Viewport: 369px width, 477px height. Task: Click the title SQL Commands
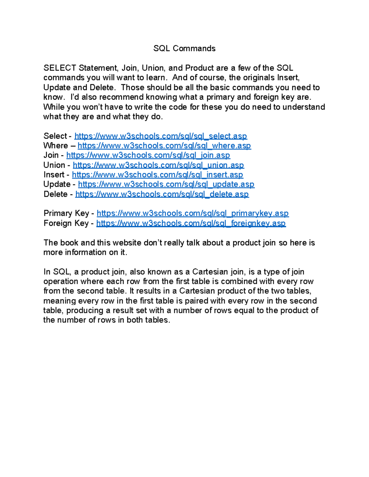184,49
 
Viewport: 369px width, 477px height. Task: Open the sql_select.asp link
161,136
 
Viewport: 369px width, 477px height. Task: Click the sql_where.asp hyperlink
164,146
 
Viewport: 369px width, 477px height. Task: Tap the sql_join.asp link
148,155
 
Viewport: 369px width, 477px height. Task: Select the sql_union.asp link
158,165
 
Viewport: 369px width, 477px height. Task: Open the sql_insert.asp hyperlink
157,175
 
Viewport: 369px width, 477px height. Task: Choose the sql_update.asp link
166,184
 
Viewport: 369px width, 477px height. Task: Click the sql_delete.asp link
162,194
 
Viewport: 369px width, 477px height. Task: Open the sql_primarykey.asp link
192,213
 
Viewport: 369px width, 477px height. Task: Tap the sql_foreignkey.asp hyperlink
191,223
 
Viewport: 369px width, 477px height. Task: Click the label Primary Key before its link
66,213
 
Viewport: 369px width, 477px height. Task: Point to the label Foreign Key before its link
66,223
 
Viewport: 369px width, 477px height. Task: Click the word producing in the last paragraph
85,311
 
